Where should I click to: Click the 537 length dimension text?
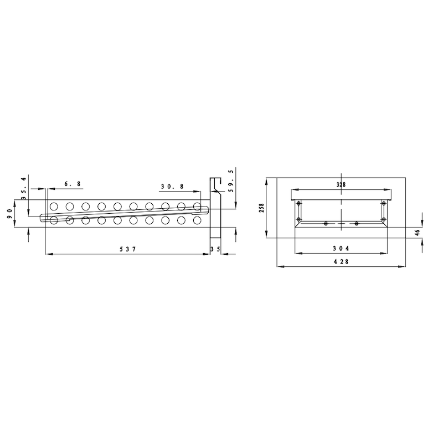pos(128,249)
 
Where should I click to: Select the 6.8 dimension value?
pos(73,184)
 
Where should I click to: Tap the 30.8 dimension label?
pos(172,187)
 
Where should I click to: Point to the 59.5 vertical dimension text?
pos(231,181)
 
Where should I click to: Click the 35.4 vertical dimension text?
pos(24,188)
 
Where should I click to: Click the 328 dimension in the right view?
pos(341,185)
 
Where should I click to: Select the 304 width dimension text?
pos(341,248)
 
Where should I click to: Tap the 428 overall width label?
pos(341,261)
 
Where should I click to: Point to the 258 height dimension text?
pos(261,208)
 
